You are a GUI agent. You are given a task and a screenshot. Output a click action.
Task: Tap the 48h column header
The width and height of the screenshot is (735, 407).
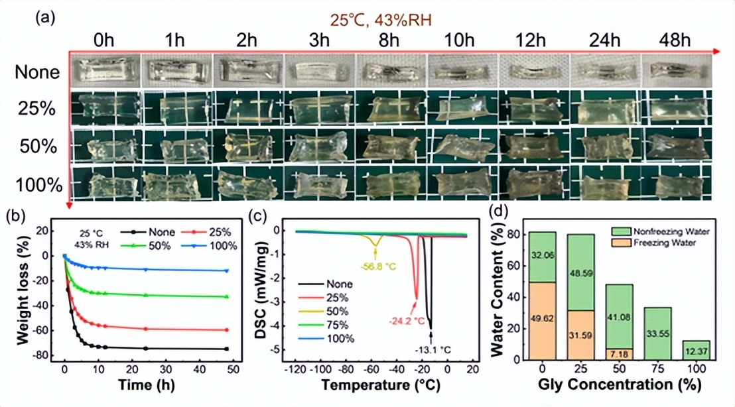pos(671,40)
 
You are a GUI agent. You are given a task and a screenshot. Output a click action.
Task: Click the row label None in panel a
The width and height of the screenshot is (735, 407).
pos(37,72)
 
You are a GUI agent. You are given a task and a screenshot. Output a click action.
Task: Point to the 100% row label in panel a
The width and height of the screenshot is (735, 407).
pos(37,182)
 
